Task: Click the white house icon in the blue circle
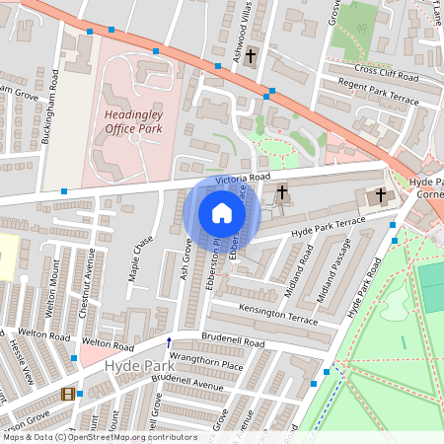coord(222,213)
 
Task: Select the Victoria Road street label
coord(237,178)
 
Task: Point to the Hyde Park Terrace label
coord(322,230)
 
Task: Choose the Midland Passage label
coord(331,279)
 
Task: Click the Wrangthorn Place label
coord(206,364)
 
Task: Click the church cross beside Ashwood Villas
coord(252,56)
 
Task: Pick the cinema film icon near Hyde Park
coord(66,394)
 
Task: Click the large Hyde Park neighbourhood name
coord(132,366)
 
